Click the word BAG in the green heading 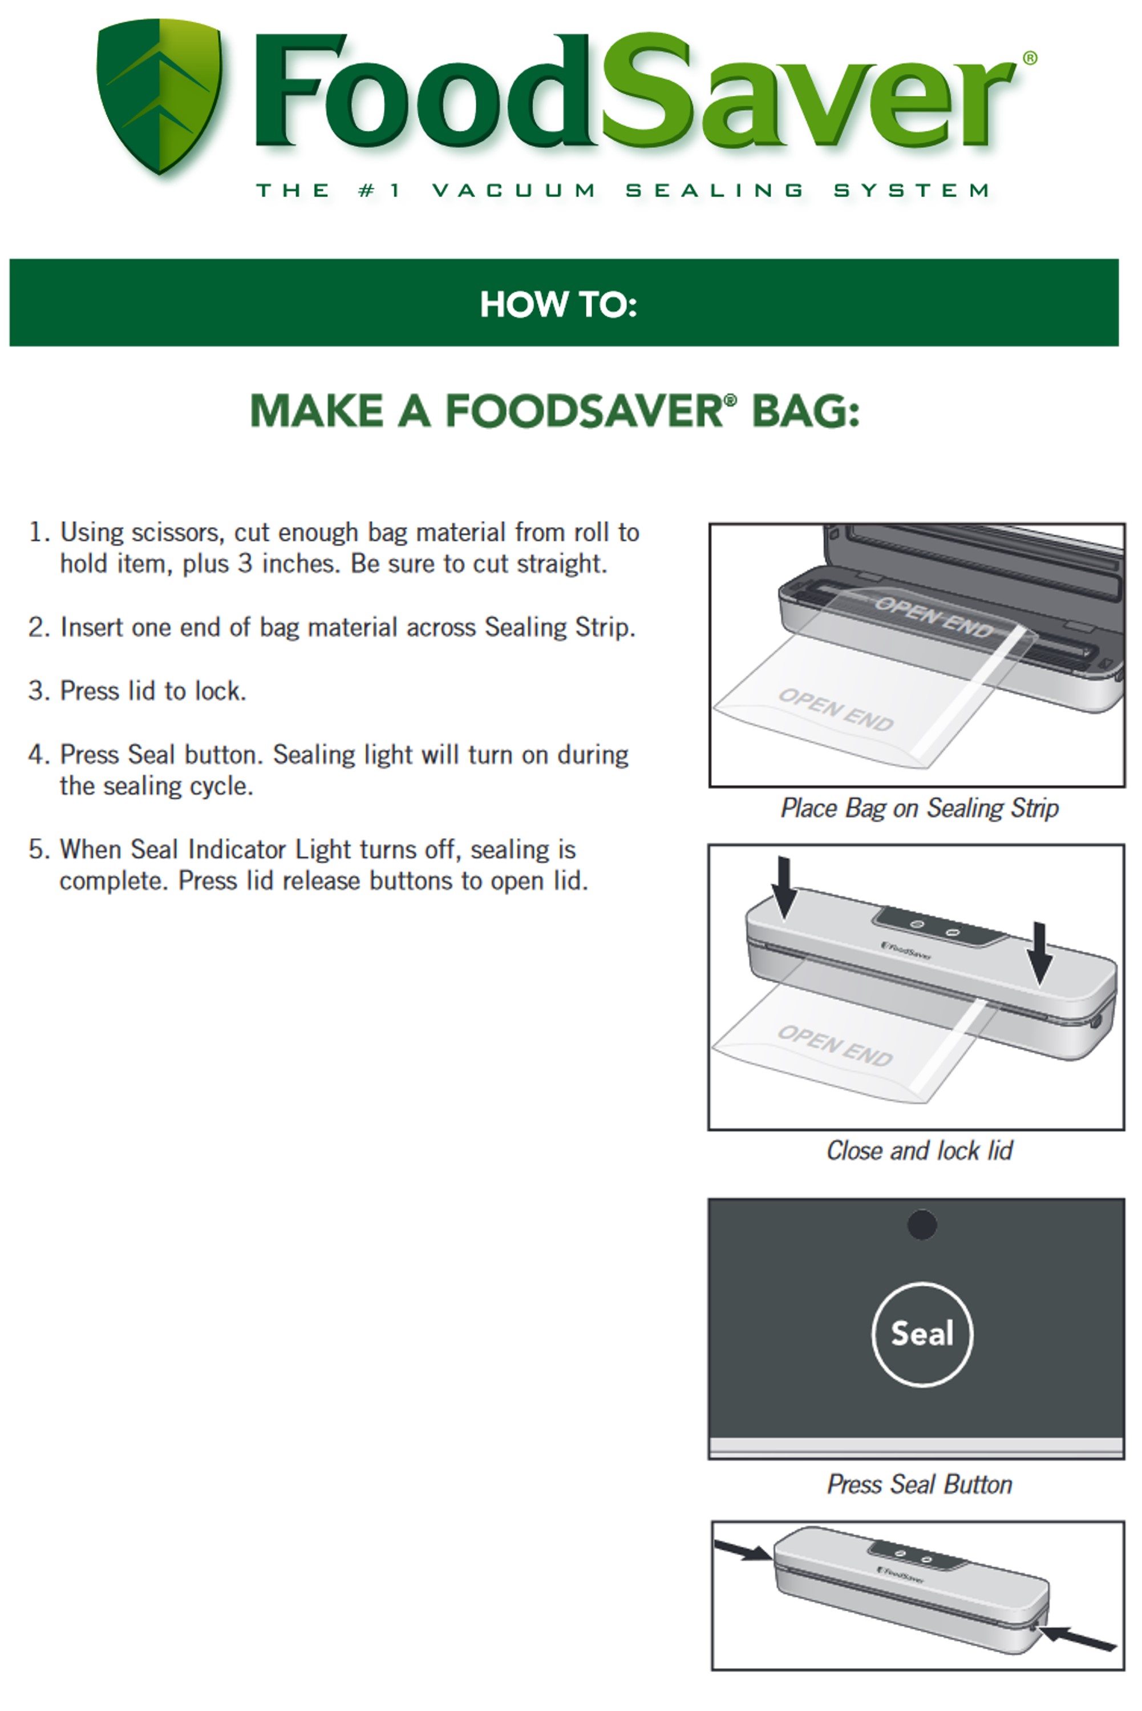click(x=805, y=411)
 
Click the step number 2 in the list click(x=37, y=627)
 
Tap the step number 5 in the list click(x=37, y=850)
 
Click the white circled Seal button click(x=921, y=1334)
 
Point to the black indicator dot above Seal click(x=921, y=1225)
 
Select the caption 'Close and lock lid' click(x=919, y=1150)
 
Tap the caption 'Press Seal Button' click(x=919, y=1484)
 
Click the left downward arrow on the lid click(x=784, y=886)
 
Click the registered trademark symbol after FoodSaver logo click(x=1030, y=58)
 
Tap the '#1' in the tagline click(x=379, y=191)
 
